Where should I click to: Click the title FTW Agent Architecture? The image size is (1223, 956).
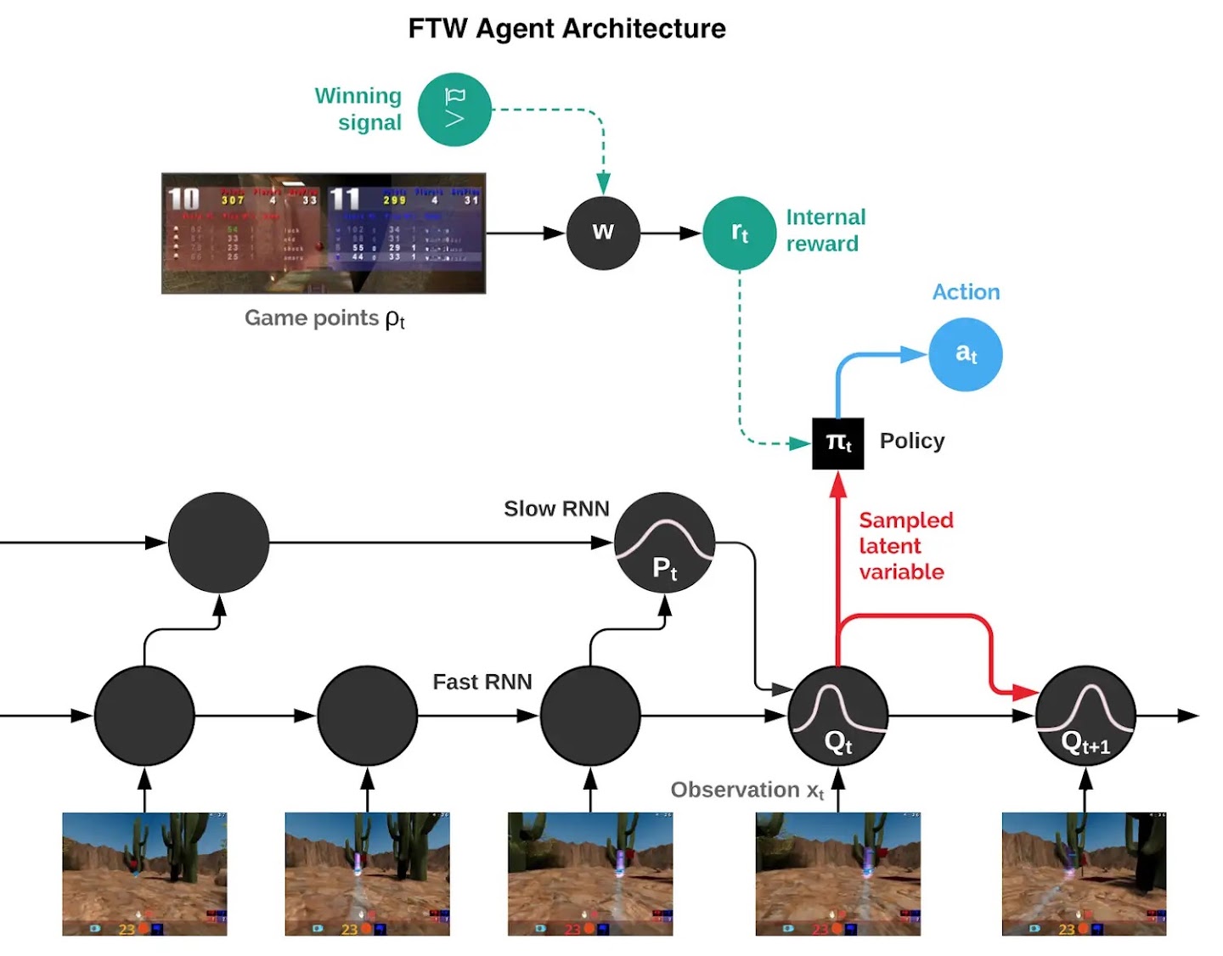point(566,29)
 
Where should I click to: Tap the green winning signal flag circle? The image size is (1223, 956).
point(454,110)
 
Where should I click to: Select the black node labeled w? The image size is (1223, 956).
point(603,233)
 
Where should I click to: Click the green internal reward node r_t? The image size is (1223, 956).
point(739,233)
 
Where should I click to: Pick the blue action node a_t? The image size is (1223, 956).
point(966,354)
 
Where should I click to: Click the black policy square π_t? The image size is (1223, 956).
point(838,443)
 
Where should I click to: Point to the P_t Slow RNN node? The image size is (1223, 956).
point(664,543)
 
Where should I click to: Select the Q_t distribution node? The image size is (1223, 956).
point(838,716)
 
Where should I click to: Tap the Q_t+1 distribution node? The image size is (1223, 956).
point(1085,716)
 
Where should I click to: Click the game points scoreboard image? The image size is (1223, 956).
point(324,233)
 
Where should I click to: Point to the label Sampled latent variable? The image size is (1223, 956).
point(905,546)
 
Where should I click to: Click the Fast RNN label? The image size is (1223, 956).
point(482,682)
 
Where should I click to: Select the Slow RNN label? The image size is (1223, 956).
point(556,509)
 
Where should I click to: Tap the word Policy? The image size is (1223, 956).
point(912,441)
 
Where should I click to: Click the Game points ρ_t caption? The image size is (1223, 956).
point(324,318)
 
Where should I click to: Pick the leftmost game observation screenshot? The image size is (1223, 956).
point(144,874)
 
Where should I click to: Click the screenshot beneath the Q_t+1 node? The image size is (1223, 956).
point(1084,874)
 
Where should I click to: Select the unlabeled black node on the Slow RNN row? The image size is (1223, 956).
point(218,543)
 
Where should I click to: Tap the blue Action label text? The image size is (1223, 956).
point(966,292)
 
